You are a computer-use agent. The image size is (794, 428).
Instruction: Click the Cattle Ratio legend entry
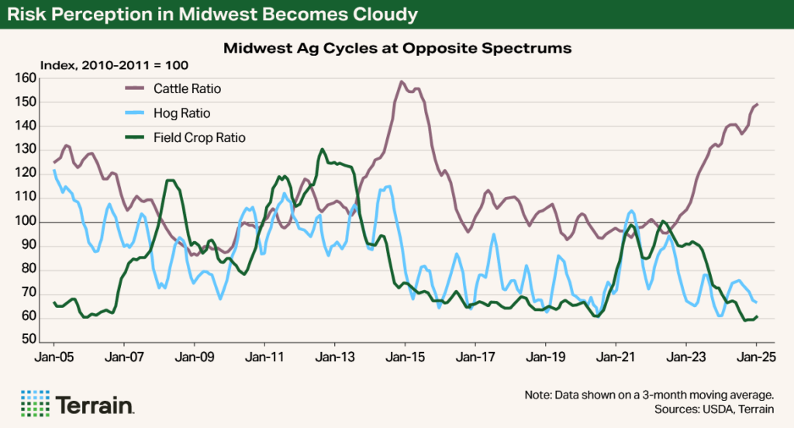pos(186,89)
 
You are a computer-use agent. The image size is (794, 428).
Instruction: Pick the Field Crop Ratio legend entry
pos(196,137)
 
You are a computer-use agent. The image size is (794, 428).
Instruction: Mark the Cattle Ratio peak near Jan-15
pos(402,81)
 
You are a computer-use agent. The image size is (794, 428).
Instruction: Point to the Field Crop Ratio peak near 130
pos(322,150)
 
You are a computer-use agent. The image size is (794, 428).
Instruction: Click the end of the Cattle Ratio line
pos(757,104)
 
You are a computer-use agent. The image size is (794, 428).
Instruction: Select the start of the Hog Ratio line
pos(54,170)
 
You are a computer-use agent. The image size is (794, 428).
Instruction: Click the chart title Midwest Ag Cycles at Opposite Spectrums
pos(397,48)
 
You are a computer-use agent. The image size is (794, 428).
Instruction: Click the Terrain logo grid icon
pos(35,404)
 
